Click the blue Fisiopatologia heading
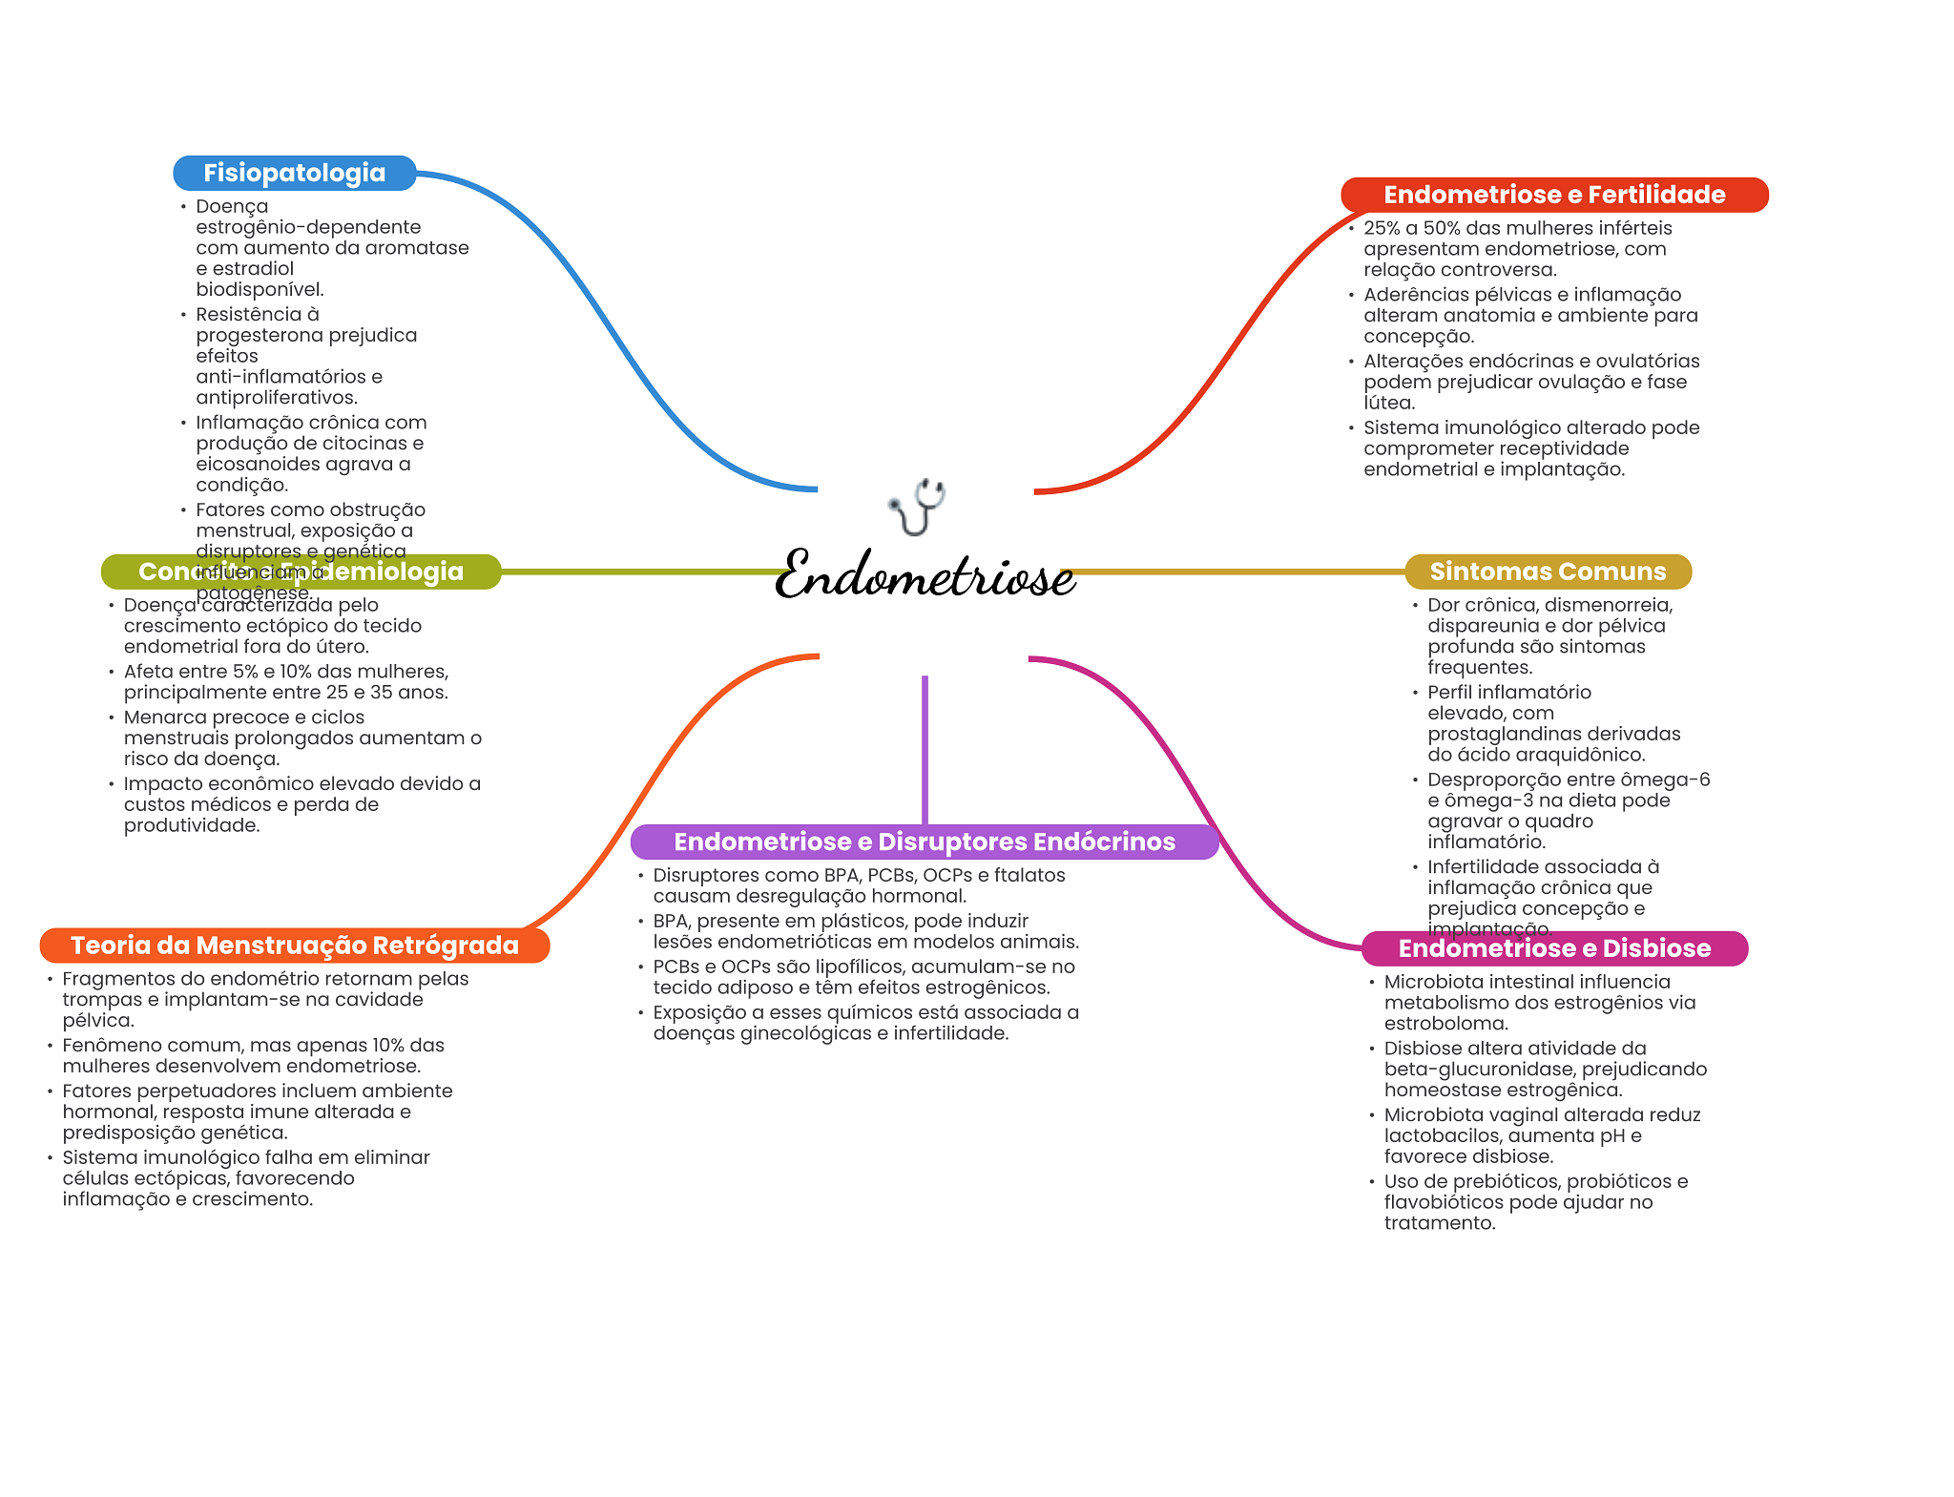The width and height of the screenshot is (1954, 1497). [294, 173]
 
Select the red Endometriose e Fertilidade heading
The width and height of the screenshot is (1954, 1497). [1554, 195]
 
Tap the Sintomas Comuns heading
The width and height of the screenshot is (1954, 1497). [1548, 572]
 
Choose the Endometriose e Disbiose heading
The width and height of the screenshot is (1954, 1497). [1554, 948]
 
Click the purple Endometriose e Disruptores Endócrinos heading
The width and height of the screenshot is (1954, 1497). [925, 842]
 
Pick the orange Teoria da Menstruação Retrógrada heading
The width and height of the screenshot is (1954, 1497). [295, 946]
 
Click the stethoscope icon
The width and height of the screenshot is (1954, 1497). [918, 506]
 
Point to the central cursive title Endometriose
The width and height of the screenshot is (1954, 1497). [925, 575]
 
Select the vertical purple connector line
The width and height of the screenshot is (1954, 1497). [925, 749]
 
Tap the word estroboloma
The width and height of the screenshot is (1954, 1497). [1445, 1024]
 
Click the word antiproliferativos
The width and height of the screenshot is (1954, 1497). [276, 398]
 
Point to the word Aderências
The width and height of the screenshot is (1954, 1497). [1412, 295]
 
